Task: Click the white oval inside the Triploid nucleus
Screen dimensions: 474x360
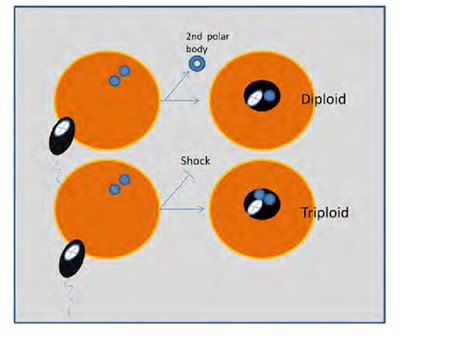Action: click(257, 207)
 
